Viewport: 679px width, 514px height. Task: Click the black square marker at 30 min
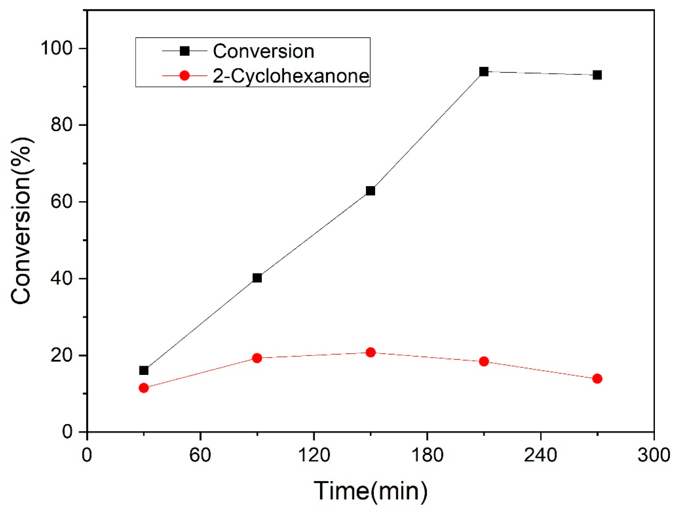(144, 370)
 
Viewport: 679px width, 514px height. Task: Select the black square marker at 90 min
(257, 278)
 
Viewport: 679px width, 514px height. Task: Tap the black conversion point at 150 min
(371, 191)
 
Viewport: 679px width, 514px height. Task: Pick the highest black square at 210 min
(484, 71)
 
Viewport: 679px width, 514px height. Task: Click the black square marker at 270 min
(597, 75)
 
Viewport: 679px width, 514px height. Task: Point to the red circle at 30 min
(144, 388)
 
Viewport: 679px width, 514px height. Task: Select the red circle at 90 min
(257, 358)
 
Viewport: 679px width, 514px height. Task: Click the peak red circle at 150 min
(371, 352)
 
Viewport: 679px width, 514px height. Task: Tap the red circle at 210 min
(484, 361)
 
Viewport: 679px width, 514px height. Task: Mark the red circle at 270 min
(597, 378)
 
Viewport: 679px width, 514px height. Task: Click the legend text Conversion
(263, 51)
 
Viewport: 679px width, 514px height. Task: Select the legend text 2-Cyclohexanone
(291, 76)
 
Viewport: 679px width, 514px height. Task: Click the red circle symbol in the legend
(185, 75)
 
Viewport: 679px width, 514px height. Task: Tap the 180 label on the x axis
(427, 455)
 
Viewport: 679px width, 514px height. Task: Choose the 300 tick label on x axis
(654, 455)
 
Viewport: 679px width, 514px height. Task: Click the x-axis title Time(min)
(370, 491)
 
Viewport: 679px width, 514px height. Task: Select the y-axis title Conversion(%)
(21, 220)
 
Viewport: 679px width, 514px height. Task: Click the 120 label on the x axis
(313, 455)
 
